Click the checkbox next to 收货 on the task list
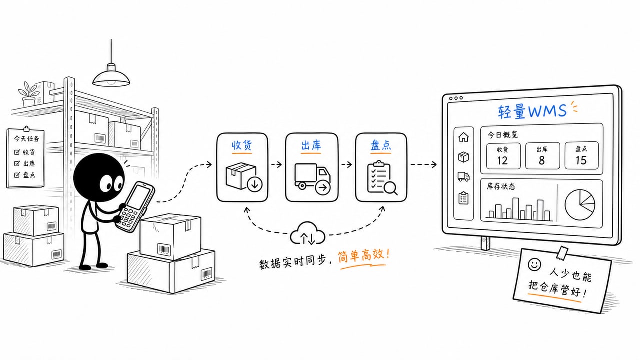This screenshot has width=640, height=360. point(17,152)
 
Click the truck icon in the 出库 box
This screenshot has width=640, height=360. point(313,179)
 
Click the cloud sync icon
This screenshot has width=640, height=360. point(307,234)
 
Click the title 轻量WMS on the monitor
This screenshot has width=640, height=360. point(532,111)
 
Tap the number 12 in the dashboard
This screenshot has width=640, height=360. point(502,161)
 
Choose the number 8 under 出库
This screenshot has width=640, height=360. point(542,161)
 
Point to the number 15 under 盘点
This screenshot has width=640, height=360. point(581,160)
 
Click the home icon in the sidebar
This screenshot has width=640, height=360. point(463,137)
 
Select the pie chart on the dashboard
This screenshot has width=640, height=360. point(580,205)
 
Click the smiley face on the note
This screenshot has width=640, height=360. point(534,264)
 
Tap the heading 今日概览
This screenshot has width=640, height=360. point(503,134)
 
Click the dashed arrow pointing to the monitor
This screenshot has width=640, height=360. point(423,164)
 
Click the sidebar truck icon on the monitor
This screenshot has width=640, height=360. point(463,177)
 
